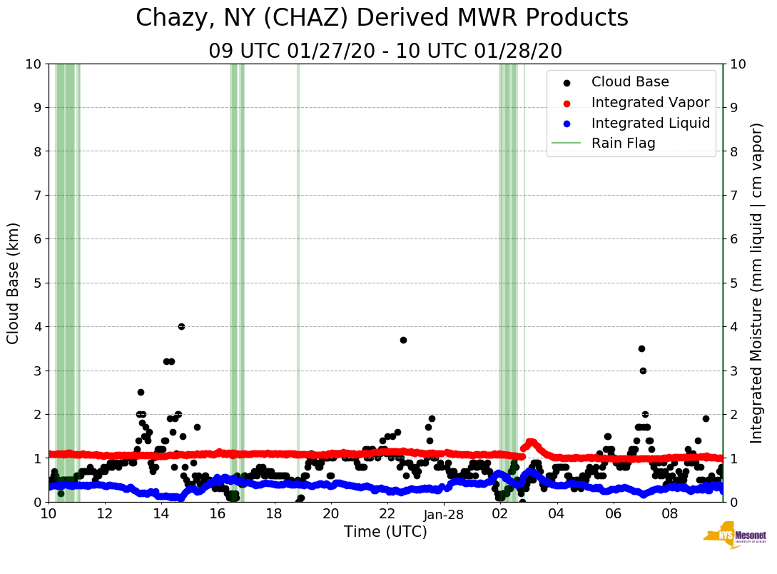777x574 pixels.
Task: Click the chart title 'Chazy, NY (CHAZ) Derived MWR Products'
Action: [382, 19]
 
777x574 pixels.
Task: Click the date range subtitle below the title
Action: [385, 51]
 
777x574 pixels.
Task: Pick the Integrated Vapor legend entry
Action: [650, 102]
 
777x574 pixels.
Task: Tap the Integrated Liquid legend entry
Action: [650, 123]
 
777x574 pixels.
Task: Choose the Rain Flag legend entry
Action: [623, 143]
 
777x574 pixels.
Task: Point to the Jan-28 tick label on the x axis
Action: [444, 514]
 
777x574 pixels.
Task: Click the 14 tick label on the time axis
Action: [161, 514]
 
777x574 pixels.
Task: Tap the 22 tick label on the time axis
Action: [387, 514]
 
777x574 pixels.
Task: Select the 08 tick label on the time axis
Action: [670, 514]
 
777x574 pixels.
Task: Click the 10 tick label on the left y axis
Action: [33, 64]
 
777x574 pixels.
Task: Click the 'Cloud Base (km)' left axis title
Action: [14, 283]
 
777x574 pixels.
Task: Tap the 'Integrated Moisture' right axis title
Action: [757, 283]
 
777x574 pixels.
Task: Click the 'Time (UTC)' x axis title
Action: [385, 532]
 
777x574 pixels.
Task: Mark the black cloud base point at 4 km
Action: [181, 326]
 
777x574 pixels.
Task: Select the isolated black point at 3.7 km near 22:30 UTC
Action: [403, 340]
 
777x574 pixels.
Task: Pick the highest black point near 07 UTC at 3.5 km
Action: [641, 348]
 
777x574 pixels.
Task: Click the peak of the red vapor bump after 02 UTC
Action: [530, 442]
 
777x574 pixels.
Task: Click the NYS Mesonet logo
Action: [735, 537]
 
